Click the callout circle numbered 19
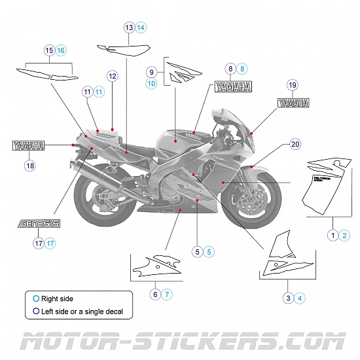click(292, 84)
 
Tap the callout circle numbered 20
click(295, 144)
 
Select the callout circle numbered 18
click(29, 166)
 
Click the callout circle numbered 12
click(112, 77)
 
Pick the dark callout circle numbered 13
click(129, 27)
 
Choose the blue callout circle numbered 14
click(141, 27)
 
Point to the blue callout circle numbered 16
click(61, 50)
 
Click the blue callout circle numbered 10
click(151, 84)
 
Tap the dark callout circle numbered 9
click(151, 71)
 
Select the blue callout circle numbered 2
click(345, 235)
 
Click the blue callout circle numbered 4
click(300, 298)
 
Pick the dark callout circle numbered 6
click(156, 294)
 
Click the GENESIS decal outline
click(39, 223)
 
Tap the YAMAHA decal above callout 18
click(29, 145)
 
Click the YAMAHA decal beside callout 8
click(232, 86)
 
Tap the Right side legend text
click(57, 298)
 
